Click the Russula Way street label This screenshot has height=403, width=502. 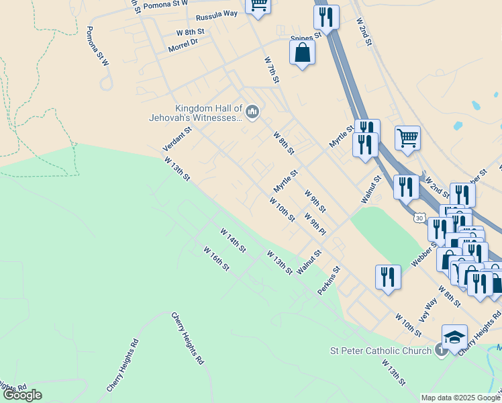(x=216, y=14)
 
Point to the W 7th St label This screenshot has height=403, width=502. (x=271, y=71)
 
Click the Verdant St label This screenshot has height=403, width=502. (x=177, y=138)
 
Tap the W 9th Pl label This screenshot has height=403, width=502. (x=315, y=224)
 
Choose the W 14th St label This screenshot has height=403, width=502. (x=234, y=240)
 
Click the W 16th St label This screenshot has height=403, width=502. (x=217, y=259)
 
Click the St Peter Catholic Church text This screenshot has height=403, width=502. (x=381, y=351)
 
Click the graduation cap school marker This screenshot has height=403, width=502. (x=454, y=337)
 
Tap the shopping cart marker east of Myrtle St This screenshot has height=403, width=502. (x=407, y=138)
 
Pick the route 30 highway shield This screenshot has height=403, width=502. (x=419, y=218)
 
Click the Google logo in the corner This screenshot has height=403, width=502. (x=22, y=395)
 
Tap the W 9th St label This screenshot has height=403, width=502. (x=315, y=199)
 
